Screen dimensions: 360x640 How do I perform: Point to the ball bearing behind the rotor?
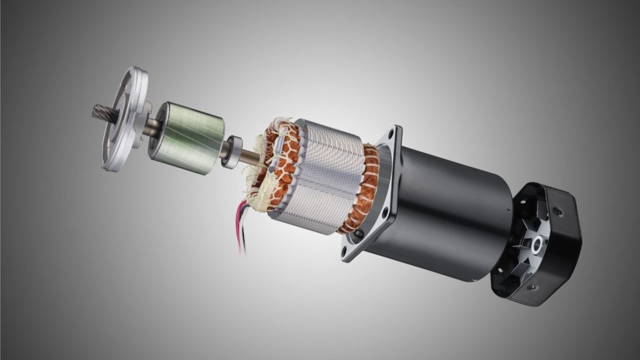coord(232,151)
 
